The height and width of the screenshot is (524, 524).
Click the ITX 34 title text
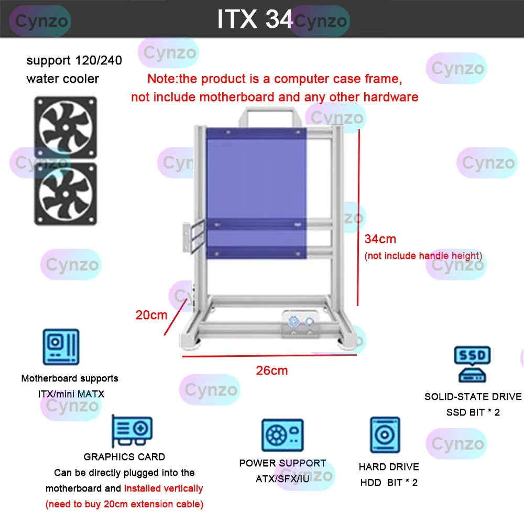255,19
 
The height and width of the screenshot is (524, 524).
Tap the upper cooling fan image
65,127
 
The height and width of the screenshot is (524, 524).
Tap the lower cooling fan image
65,193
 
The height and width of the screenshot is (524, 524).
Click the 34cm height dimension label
380,239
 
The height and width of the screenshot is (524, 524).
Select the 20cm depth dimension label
151,315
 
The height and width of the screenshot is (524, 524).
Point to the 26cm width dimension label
272,370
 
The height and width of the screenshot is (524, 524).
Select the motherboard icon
61,346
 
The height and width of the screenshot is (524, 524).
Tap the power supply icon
282,435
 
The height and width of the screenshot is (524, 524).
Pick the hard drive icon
385,435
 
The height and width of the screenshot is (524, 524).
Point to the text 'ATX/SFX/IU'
282,479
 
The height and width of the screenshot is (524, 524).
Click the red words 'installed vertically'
163,488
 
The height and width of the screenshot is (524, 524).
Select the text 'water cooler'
62,79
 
